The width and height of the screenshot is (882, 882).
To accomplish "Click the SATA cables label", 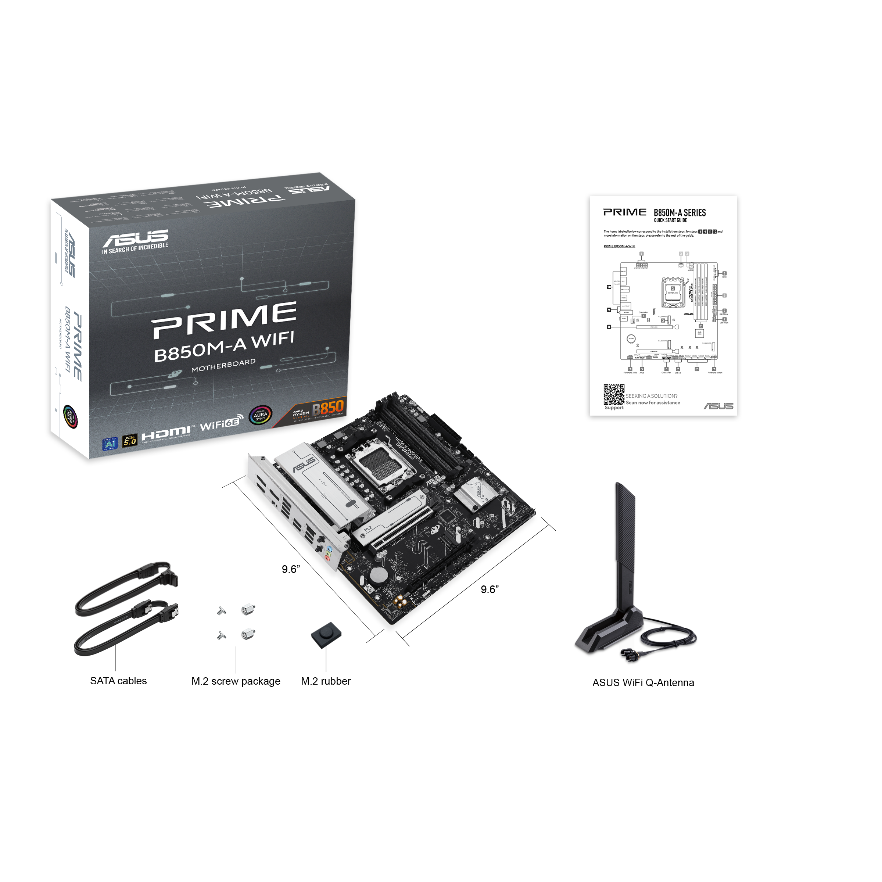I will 118,681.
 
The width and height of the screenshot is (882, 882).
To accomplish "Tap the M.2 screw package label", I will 236,682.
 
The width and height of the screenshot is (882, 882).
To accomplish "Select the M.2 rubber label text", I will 326,682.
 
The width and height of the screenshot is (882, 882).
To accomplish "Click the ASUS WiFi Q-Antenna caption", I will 643,683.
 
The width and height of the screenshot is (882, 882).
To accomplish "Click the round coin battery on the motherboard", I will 379,575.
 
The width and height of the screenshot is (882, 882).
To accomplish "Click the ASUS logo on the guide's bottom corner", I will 718,406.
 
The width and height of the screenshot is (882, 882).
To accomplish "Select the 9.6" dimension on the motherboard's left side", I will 290,569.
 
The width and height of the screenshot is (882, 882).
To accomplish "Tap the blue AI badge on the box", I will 110,444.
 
